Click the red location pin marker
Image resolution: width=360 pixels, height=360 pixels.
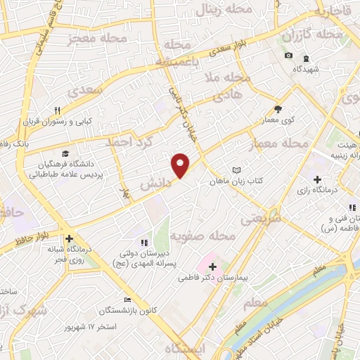click(181, 165)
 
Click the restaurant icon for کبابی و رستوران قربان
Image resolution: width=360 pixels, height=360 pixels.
click(58, 110)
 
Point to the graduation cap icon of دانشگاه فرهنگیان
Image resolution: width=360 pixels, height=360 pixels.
click(65, 154)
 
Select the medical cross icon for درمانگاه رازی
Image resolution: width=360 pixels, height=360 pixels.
click(317, 179)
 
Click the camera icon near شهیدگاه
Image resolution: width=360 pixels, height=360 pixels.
click(288, 56)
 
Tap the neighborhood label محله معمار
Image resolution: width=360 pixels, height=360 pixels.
click(280, 143)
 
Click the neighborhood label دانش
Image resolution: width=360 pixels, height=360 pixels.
click(157, 184)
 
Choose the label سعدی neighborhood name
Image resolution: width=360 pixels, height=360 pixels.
click(102, 91)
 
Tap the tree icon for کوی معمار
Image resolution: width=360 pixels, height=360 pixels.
click(277, 108)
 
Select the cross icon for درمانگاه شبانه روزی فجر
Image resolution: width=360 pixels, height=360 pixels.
click(68, 239)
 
